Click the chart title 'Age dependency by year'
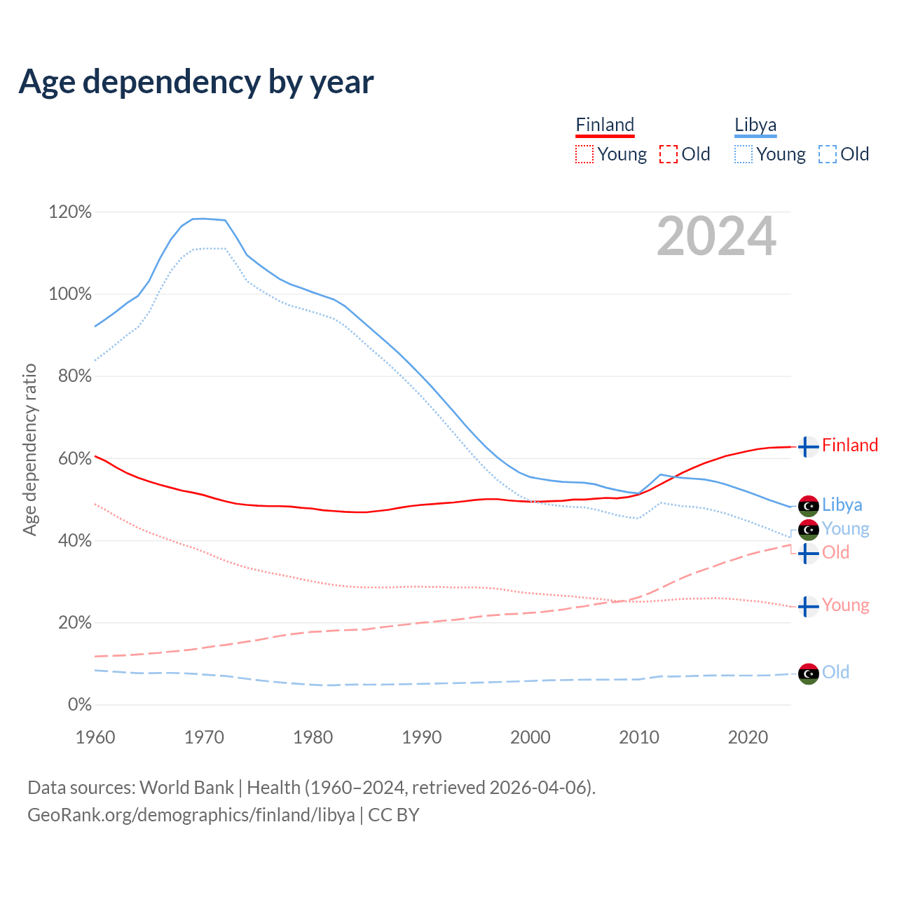coord(196,82)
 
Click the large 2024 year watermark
coord(716,236)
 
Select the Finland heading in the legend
coord(605,125)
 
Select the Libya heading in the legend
coord(755,125)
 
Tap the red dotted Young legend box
coord(584,154)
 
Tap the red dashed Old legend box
coord(669,154)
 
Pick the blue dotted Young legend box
coord(744,154)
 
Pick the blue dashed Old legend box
coord(828,154)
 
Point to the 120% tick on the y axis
coord(70,212)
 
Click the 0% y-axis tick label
coord(79,704)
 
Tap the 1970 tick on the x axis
coord(204,737)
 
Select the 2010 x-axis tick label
coord(639,737)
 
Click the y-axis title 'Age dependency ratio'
coord(29,449)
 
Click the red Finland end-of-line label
coord(849,446)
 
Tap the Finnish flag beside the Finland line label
coord(809,446)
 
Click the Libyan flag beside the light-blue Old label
coord(809,673)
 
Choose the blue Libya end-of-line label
coord(842,505)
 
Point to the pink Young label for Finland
coord(845,605)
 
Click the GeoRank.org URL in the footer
coord(191,815)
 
